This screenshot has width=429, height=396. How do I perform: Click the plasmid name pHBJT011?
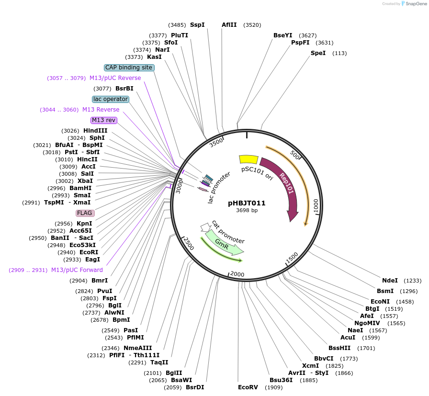click(x=247, y=203)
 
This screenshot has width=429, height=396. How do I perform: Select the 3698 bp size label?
click(x=247, y=210)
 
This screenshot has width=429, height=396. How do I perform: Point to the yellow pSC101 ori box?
click(x=248, y=159)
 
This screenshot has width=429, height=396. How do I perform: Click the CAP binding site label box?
click(x=129, y=68)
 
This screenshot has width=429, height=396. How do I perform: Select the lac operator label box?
click(x=111, y=99)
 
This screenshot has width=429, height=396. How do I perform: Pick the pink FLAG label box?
click(x=85, y=213)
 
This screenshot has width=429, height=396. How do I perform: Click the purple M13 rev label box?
click(x=104, y=120)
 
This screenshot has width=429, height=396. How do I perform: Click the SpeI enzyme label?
click(x=318, y=53)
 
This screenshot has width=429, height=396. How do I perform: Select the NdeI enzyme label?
click(x=390, y=281)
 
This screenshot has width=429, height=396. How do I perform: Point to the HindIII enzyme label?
click(x=95, y=131)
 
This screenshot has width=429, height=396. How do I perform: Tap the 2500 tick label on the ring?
click(x=189, y=244)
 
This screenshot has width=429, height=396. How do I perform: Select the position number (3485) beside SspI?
click(x=177, y=25)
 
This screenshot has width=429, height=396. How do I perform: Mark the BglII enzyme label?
click(x=174, y=373)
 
